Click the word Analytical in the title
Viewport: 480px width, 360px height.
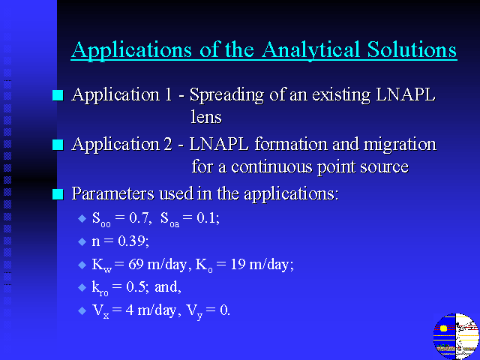tap(310, 50)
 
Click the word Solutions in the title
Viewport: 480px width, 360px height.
tap(412, 49)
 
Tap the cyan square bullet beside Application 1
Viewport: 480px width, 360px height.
tap(58, 95)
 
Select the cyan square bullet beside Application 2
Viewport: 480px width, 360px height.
tap(58, 145)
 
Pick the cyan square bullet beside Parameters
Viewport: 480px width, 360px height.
tap(58, 194)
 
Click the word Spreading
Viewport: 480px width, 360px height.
tap(226, 95)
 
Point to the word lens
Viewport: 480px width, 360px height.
tap(206, 117)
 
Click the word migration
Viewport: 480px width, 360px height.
tap(400, 145)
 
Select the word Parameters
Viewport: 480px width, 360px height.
tap(113, 193)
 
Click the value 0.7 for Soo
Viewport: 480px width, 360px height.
tap(139, 218)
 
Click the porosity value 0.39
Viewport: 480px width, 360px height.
tap(132, 241)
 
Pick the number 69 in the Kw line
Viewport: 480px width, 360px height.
tap(136, 264)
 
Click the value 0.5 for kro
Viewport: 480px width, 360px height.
tap(136, 286)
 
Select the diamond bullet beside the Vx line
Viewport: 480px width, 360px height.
tap(82, 311)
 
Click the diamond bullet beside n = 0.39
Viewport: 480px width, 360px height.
tap(82, 241)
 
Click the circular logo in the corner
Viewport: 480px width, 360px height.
tap(457, 336)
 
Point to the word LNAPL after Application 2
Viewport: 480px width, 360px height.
tap(219, 145)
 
